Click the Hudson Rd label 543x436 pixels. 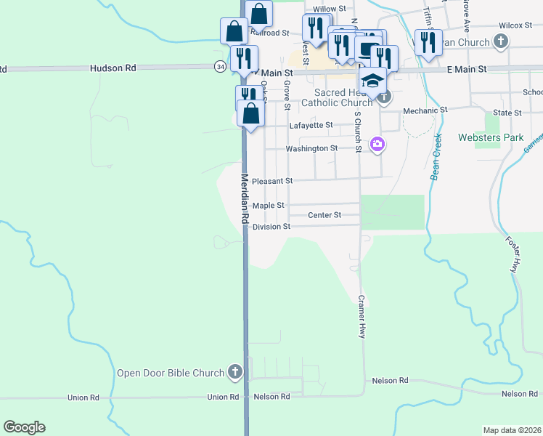113,68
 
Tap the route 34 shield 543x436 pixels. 220,66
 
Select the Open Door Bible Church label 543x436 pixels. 171,374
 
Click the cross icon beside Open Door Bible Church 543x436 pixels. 234,373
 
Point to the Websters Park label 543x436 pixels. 491,137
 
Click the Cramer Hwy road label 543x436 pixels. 361,317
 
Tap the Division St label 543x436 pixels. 271,227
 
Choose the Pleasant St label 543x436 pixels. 273,181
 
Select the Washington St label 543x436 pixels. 311,148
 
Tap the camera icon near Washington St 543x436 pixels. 377,144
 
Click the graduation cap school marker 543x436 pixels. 372,80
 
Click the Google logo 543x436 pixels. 24,427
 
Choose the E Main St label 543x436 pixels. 466,69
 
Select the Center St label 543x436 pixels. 324,215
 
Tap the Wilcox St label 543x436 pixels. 515,25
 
